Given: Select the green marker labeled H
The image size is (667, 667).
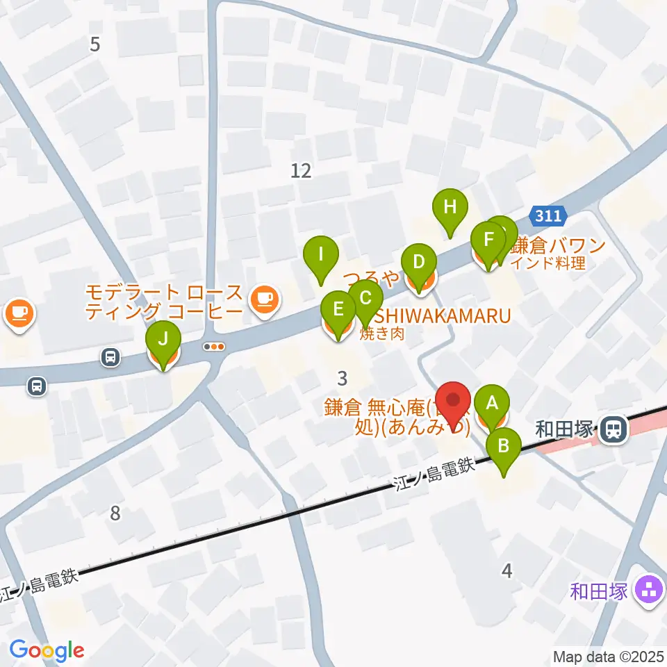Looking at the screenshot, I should pyautogui.click(x=450, y=207).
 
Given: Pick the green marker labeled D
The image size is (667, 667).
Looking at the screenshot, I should pyautogui.click(x=419, y=263).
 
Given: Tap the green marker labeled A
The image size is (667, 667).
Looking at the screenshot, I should pyautogui.click(x=493, y=403).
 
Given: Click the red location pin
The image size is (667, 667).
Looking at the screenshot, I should pyautogui.click(x=455, y=404).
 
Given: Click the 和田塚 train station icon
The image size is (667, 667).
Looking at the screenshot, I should pyautogui.click(x=613, y=428).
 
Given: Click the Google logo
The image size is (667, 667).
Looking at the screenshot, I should pyautogui.click(x=47, y=650).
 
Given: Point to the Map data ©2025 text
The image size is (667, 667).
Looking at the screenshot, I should pyautogui.click(x=609, y=655).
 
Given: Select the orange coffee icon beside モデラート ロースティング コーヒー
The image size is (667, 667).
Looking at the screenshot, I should pyautogui.click(x=263, y=299).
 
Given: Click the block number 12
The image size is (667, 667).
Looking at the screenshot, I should pyautogui.click(x=301, y=170).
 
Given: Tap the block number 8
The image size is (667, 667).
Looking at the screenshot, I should pyautogui.click(x=115, y=514).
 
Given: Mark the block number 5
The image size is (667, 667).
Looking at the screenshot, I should pyautogui.click(x=95, y=44).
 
